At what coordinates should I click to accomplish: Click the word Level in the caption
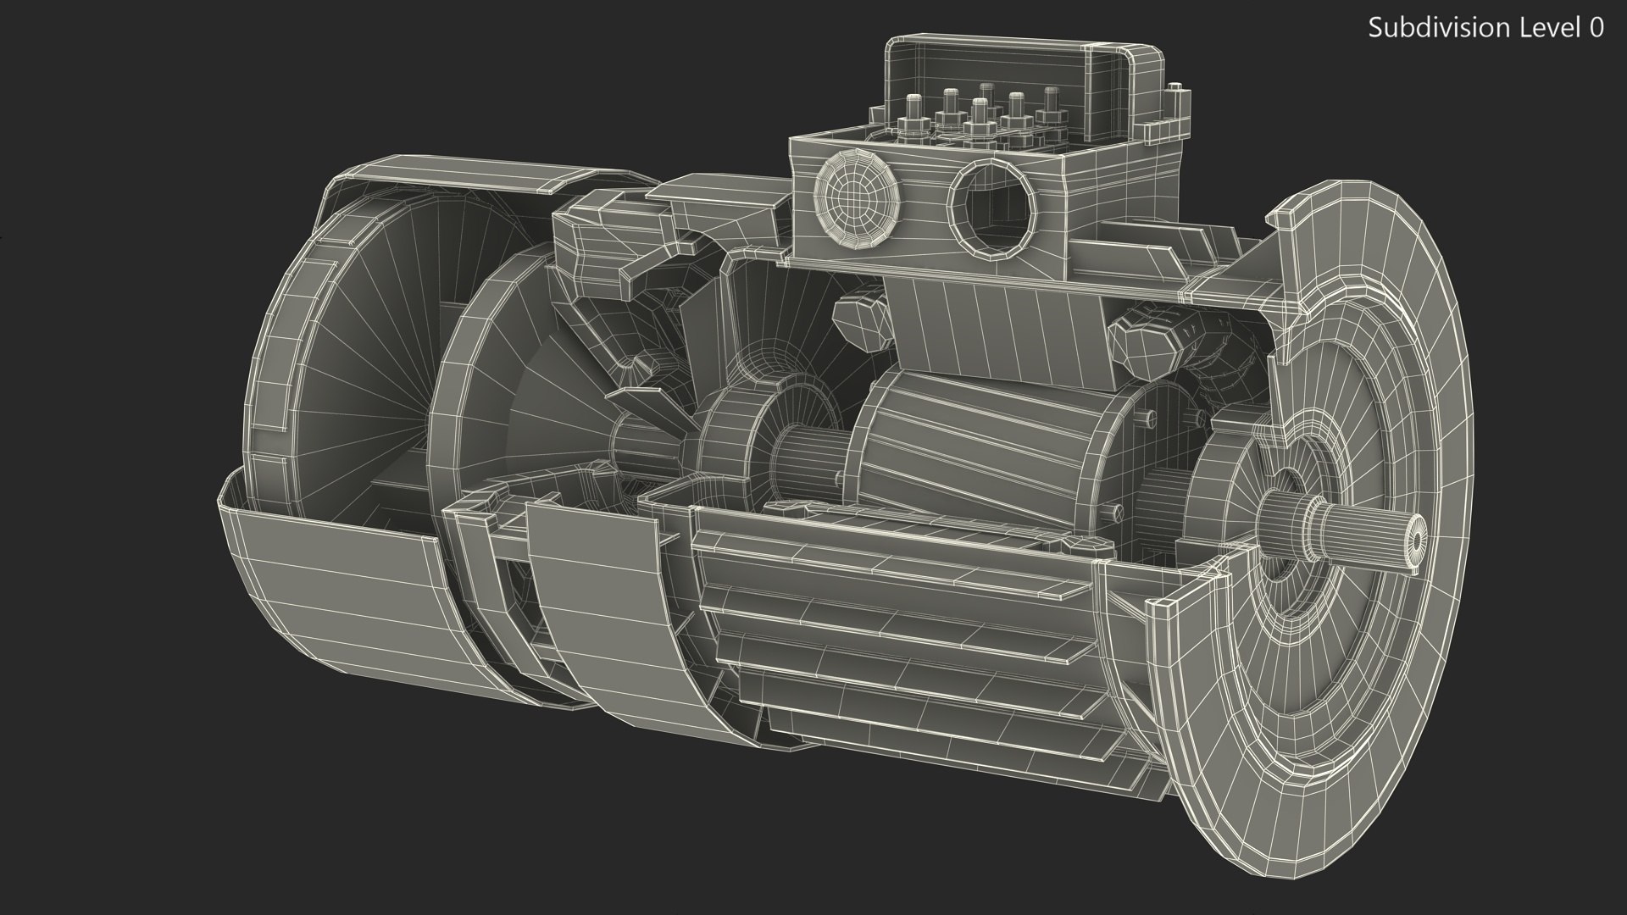pyautogui.click(x=1545, y=27)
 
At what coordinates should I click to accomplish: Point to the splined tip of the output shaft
pyautogui.click(x=1413, y=539)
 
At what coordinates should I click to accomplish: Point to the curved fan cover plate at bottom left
pyautogui.click(x=339, y=585)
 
